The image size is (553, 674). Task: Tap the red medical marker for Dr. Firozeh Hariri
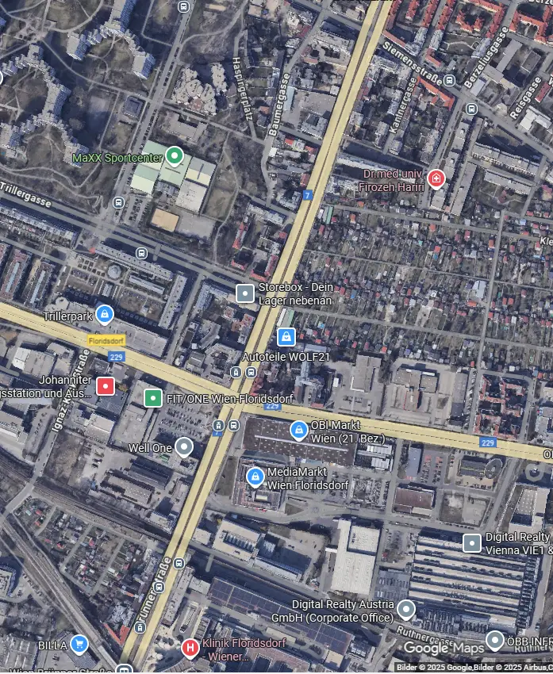click(x=436, y=179)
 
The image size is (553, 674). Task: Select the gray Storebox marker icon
click(x=246, y=293)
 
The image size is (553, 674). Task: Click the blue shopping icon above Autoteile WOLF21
click(x=286, y=337)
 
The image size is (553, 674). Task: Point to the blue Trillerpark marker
click(x=105, y=315)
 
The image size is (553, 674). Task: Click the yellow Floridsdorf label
click(x=103, y=339)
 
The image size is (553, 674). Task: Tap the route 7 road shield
click(x=308, y=194)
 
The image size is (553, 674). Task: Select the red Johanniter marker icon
click(x=106, y=386)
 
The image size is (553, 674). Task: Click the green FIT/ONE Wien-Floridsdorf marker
click(x=152, y=398)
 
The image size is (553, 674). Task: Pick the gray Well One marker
click(x=184, y=447)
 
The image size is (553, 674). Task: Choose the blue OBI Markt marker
click(x=298, y=431)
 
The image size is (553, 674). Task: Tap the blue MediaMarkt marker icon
click(x=255, y=477)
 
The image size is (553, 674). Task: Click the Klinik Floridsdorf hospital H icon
click(x=190, y=648)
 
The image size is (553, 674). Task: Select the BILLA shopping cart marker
click(x=79, y=643)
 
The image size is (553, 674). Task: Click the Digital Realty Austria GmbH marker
click(x=406, y=610)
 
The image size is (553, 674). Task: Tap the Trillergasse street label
click(x=25, y=193)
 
